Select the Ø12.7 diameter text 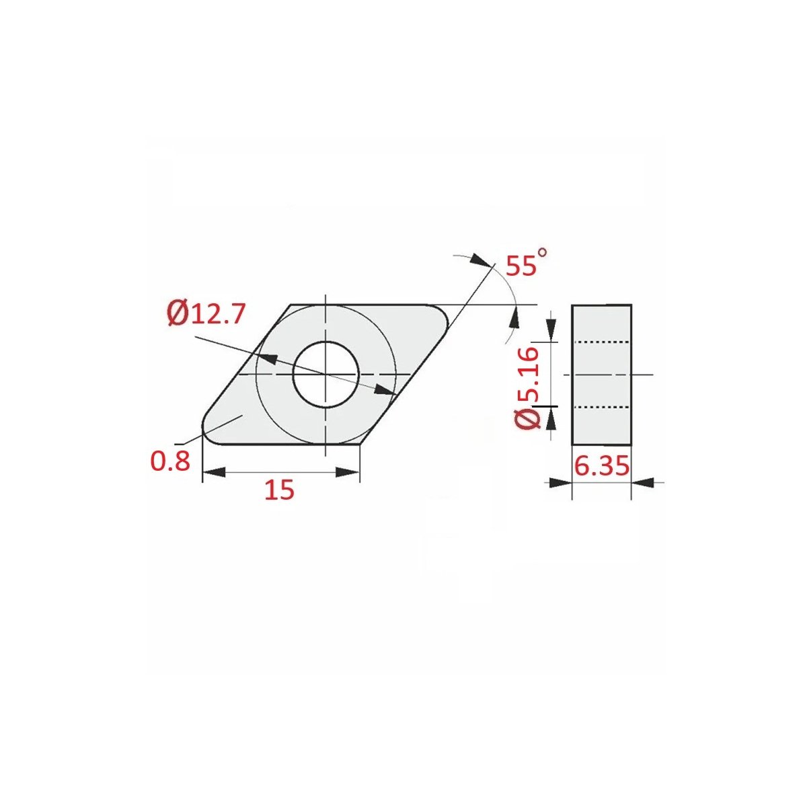coord(206,314)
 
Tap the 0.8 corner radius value coord(170,461)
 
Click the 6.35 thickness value coord(601,465)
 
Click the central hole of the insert coord(325,374)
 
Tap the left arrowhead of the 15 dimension coord(214,472)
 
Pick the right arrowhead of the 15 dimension coord(348,472)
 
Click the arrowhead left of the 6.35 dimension coord(561,482)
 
